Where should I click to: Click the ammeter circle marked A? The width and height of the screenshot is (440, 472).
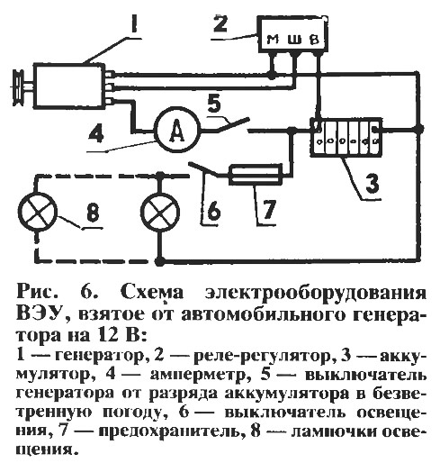pos(177,130)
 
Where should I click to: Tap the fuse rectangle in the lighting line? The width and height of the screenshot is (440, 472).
pos(256,174)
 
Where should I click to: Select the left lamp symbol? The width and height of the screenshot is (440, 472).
pos(37,212)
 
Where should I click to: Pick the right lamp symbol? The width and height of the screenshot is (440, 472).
pos(160,212)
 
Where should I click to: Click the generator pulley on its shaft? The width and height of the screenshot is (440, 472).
pos(19,87)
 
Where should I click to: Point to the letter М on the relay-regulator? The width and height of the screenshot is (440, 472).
pos(273,39)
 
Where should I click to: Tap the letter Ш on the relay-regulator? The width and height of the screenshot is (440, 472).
pos(294,39)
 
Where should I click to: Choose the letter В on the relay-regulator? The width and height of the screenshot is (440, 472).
pos(314,39)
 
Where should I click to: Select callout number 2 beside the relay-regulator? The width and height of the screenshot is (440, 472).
pos(220,23)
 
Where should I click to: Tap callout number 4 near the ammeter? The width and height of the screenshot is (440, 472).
pos(96,132)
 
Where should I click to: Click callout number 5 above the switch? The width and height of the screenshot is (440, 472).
pos(214,104)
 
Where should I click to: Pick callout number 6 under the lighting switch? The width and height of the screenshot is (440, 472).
pos(214,210)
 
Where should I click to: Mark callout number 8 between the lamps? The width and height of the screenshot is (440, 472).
pos(93,213)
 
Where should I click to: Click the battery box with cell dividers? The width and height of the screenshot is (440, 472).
pos(346,137)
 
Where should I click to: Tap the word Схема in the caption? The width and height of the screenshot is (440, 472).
pos(152,292)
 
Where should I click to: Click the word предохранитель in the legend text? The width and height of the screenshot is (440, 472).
pos(170,431)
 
